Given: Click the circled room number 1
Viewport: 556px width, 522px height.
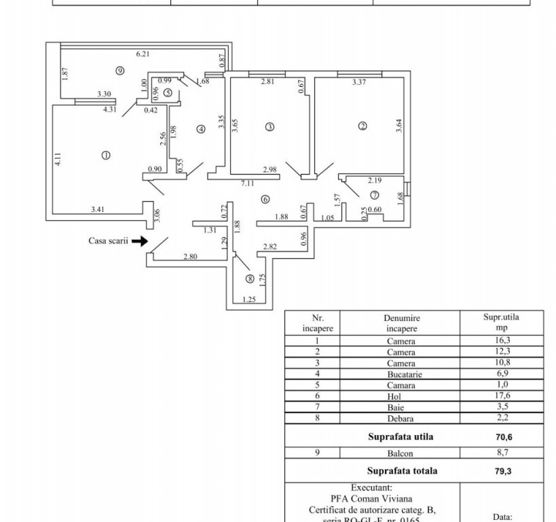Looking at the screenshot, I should pos(105,155).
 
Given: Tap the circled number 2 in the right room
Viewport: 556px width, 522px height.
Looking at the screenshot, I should pos(363,126).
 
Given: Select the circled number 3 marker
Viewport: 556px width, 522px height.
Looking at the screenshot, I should pos(270,126).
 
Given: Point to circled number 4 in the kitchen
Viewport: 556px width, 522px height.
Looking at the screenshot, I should pos(200,129).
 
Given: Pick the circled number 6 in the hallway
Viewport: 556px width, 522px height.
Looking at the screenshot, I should pos(265,199).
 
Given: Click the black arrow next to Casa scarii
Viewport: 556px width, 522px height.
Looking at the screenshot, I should pos(140,241).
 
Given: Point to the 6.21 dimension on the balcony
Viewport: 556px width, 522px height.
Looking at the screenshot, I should pos(142,54).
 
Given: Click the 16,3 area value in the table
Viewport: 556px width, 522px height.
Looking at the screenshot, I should pos(502,341).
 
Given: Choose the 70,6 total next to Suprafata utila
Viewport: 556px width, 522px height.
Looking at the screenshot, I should pos(503,437).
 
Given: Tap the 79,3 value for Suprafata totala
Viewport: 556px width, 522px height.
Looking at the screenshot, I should pos(503,470).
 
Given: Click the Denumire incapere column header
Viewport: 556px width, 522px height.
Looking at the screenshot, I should pos(401,322).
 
